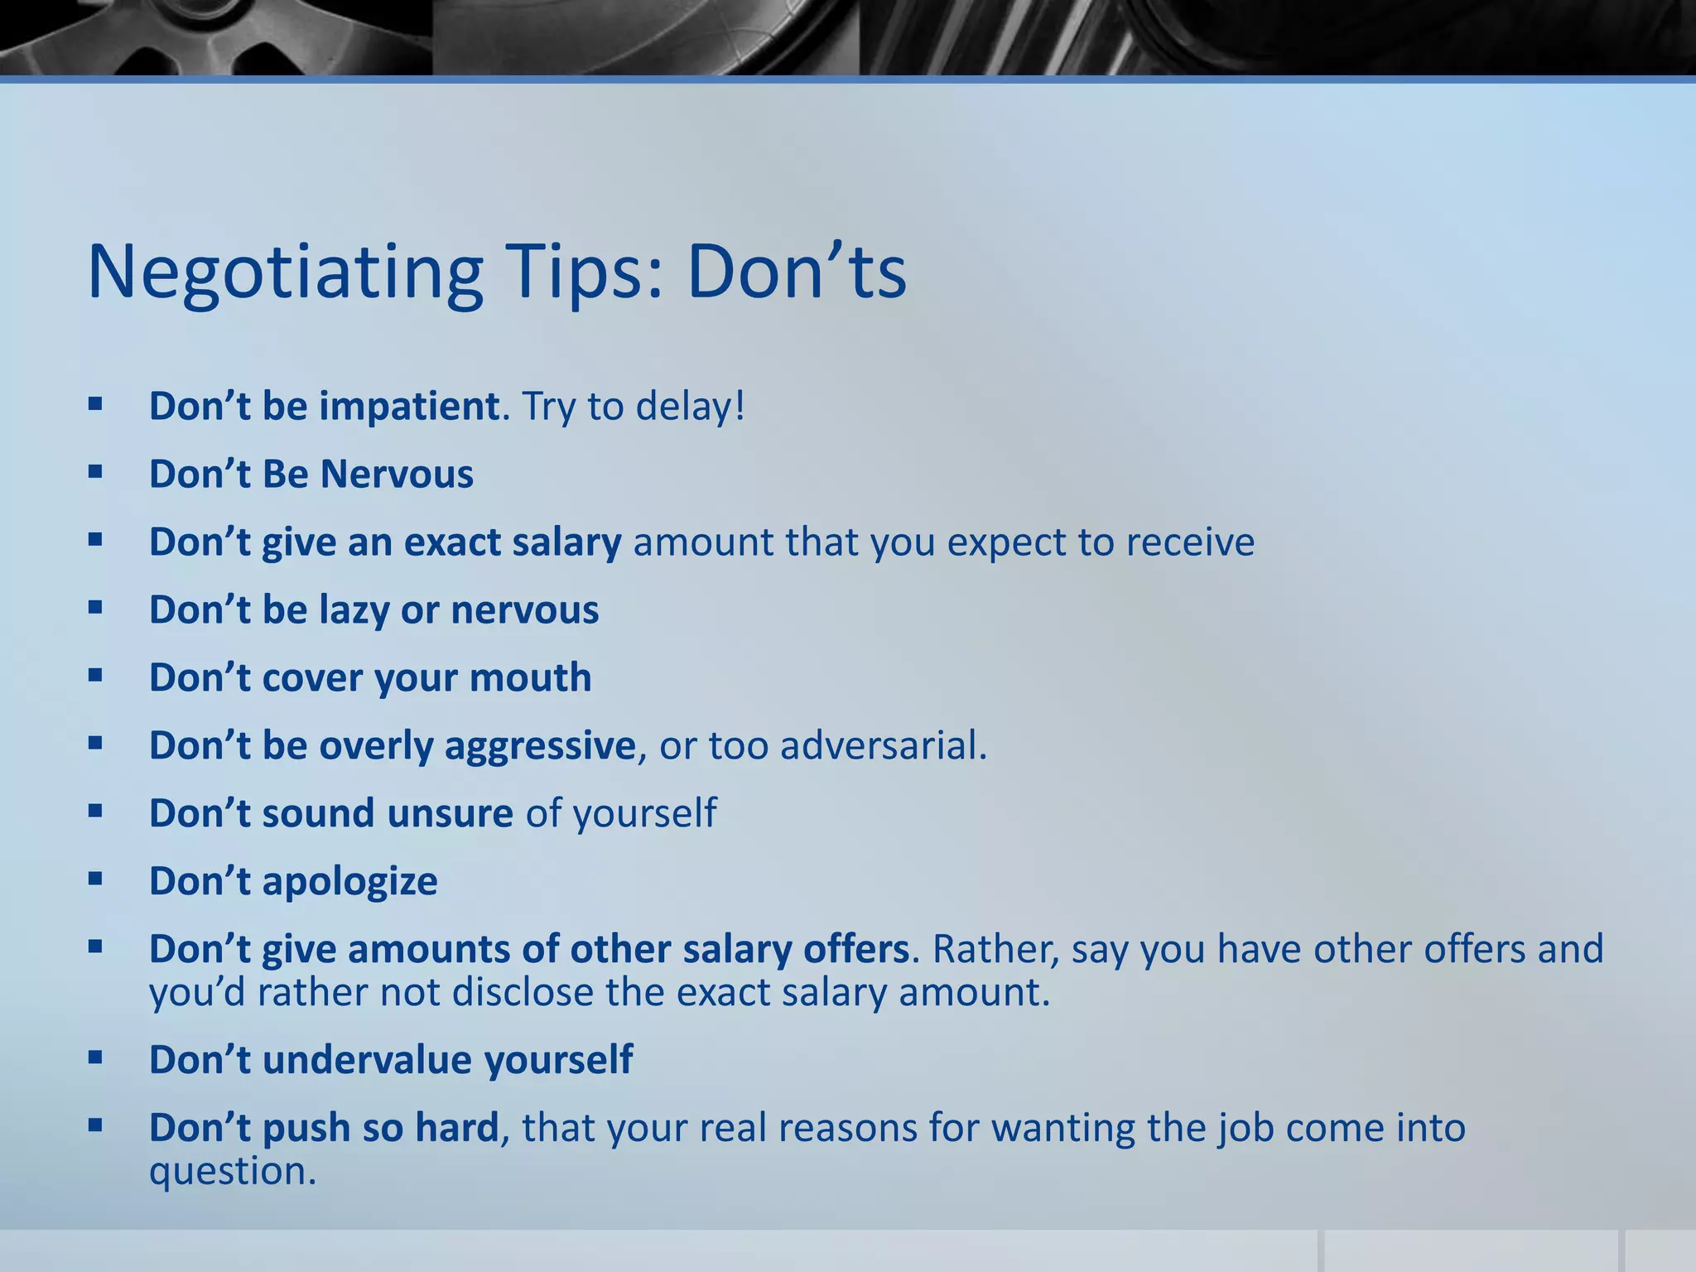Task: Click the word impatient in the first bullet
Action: [409, 407]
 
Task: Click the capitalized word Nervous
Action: [397, 475]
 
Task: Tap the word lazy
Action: [354, 611]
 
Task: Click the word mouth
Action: [530, 678]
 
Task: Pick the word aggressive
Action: [540, 746]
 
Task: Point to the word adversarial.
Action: [884, 745]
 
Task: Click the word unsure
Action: [450, 813]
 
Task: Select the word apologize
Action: [349, 881]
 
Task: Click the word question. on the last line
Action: [233, 1172]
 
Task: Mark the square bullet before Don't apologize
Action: [95, 878]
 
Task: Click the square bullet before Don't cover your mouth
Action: [95, 675]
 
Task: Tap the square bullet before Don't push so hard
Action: [95, 1125]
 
